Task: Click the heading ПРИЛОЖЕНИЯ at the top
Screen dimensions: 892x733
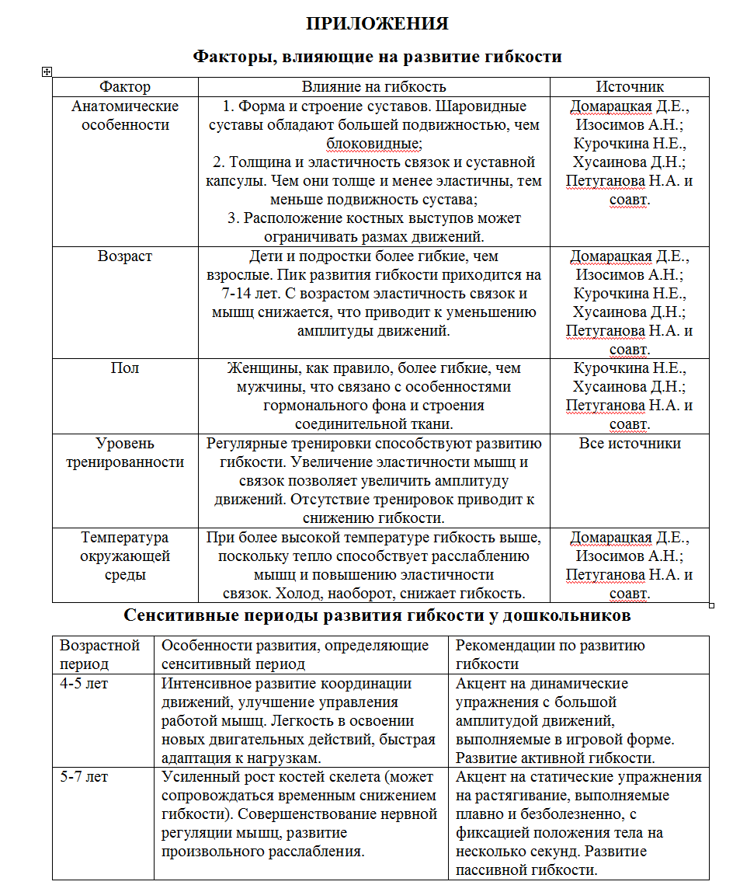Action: [x=377, y=23]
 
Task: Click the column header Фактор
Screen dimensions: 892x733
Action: [x=125, y=87]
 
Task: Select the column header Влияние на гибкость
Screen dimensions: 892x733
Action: [x=373, y=87]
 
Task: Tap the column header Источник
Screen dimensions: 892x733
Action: [x=630, y=87]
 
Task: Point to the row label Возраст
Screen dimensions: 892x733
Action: [x=125, y=256]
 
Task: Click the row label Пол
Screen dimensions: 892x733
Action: [x=125, y=368]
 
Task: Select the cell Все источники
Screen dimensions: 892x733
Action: [x=630, y=444]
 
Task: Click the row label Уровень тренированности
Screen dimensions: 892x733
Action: [x=125, y=453]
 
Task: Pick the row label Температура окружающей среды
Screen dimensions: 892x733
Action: [x=125, y=556]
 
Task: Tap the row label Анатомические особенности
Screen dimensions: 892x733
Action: [x=125, y=116]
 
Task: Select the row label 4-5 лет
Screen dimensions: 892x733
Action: [x=84, y=684]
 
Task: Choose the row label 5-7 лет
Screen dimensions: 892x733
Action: [x=84, y=777]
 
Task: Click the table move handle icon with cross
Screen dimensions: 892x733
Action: [x=47, y=71]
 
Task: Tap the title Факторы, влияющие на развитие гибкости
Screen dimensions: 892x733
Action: [x=377, y=57]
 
